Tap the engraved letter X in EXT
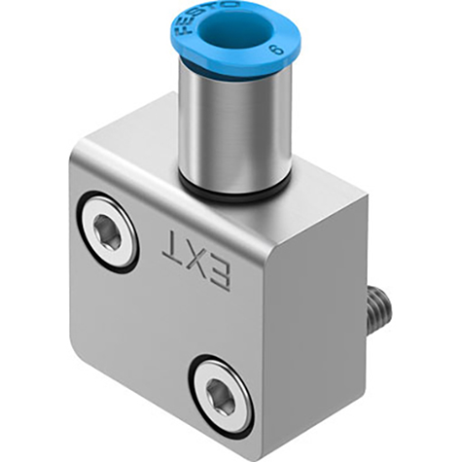click(195, 257)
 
